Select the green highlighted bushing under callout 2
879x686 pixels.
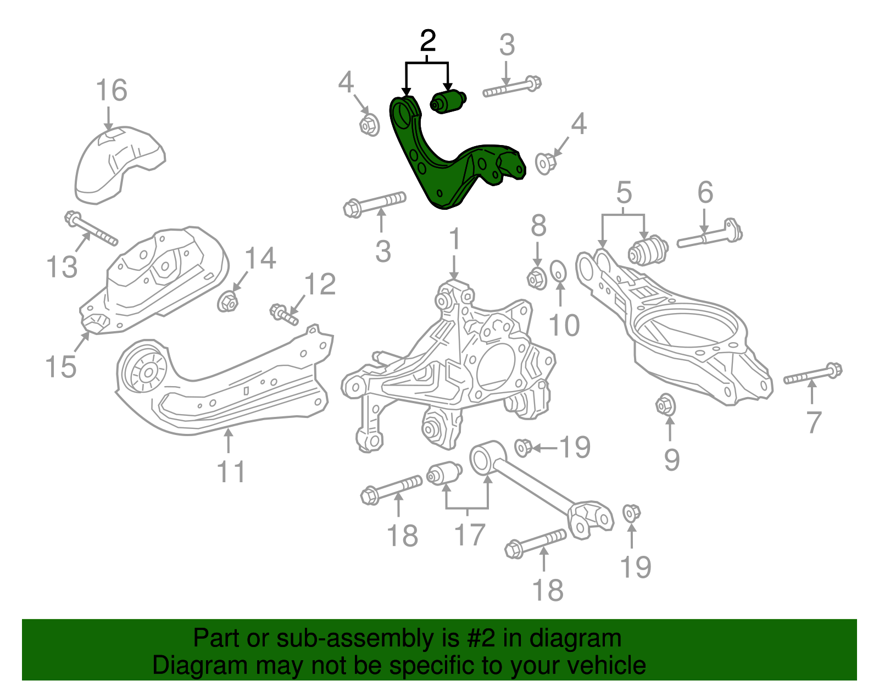(448, 102)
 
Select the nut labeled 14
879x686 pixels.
(227, 302)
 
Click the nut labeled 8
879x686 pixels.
(537, 278)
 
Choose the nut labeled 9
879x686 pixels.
(666, 405)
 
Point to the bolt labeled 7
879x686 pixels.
(813, 375)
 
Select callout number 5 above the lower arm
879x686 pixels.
(624, 193)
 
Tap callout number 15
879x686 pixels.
(60, 366)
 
